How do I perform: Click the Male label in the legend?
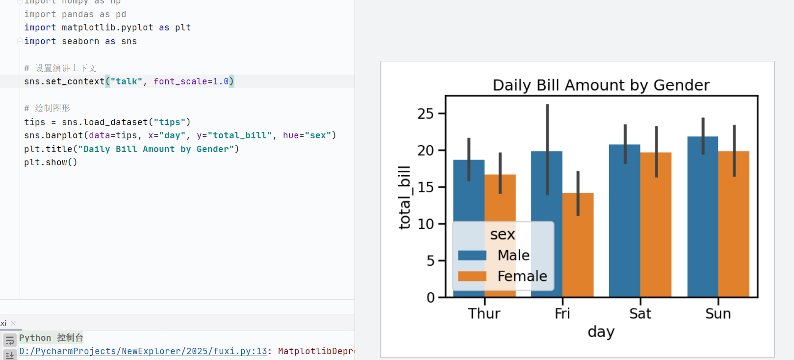coord(513,256)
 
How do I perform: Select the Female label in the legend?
coord(522,277)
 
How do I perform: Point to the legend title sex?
coord(503,234)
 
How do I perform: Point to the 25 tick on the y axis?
coord(425,114)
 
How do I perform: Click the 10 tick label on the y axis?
coord(425,224)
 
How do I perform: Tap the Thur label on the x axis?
coord(484,314)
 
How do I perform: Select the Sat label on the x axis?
coord(640,314)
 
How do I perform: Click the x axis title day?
coord(601,332)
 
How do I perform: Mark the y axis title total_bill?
coord(404,197)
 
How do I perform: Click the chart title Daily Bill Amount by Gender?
coord(601,85)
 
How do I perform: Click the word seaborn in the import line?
coord(80,41)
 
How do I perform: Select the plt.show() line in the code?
coord(51,162)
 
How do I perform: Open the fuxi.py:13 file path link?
coord(143,351)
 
